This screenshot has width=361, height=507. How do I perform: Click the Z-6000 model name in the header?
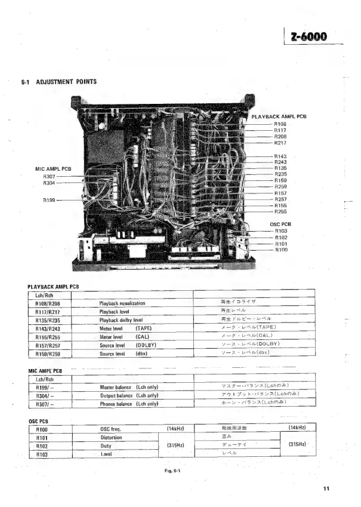[x=308, y=36]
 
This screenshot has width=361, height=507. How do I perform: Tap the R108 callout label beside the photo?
[x=280, y=124]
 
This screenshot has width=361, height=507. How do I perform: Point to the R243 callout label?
[x=280, y=162]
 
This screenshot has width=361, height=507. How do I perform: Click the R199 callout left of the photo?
[x=50, y=200]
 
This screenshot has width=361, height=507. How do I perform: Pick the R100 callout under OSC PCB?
[x=281, y=250]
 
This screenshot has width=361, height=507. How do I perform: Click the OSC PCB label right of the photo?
[x=280, y=224]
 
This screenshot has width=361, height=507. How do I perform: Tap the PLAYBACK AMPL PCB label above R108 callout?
[x=279, y=116]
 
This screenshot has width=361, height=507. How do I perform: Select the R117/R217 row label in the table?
[x=48, y=311]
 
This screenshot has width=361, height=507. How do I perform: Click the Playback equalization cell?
[x=122, y=303]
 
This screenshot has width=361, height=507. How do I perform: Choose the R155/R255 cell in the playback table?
[x=48, y=336]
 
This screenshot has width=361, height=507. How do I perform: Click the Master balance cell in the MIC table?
[x=128, y=387]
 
